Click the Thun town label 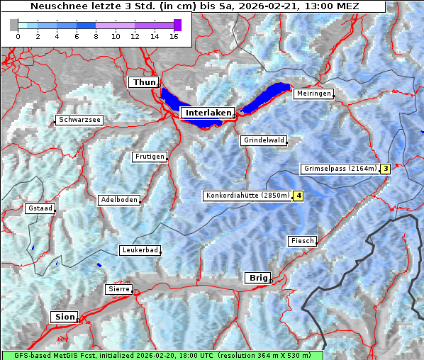click(x=144, y=83)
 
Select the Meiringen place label click(x=313, y=94)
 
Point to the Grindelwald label click(x=264, y=140)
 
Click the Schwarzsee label click(x=80, y=120)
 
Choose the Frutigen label click(x=150, y=157)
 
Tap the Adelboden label click(x=118, y=200)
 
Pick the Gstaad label click(x=40, y=208)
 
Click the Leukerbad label click(x=139, y=250)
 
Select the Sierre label click(x=118, y=289)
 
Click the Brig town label click(x=257, y=278)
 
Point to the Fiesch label click(x=301, y=241)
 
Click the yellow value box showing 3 click(x=385, y=169)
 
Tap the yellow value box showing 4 click(x=299, y=196)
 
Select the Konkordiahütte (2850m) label click(x=247, y=196)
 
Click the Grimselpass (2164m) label click(x=340, y=169)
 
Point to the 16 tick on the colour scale click(x=174, y=36)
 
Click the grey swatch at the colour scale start click(x=14, y=25)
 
